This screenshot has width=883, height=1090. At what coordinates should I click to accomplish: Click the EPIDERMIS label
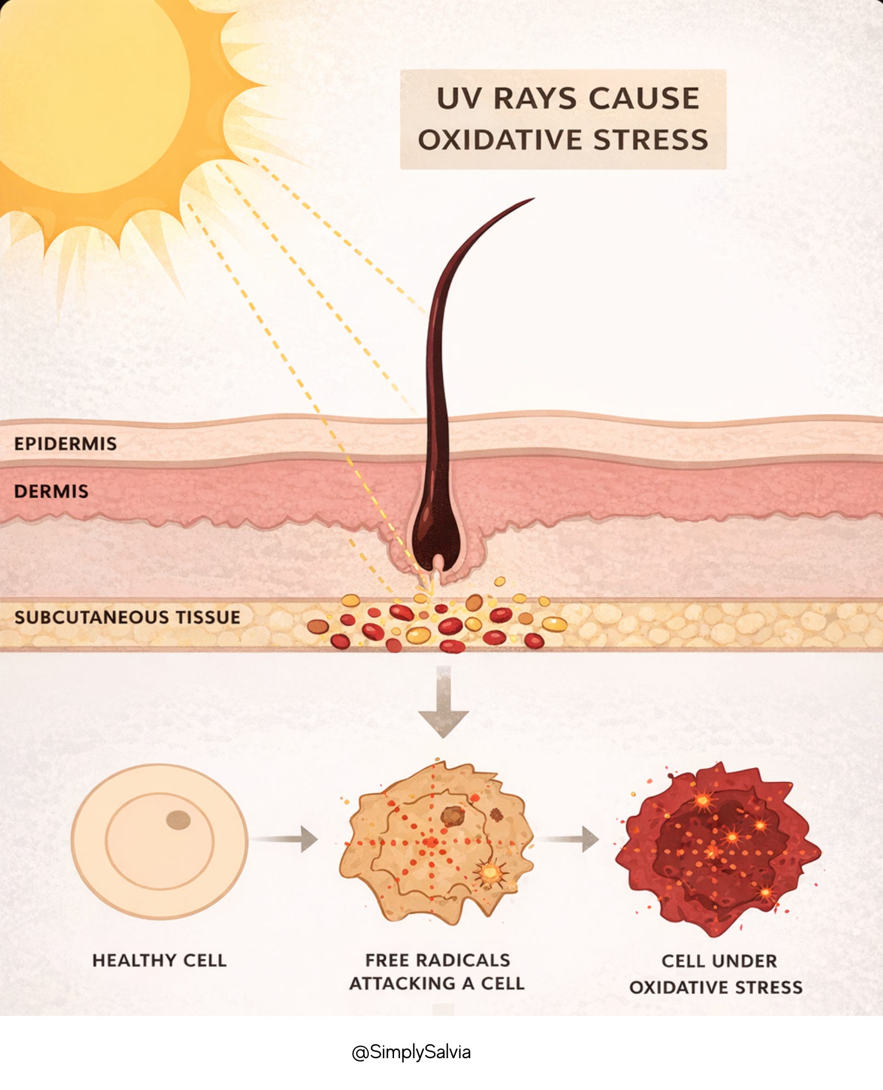coord(65,443)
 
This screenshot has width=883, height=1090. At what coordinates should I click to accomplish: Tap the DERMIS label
coord(51,491)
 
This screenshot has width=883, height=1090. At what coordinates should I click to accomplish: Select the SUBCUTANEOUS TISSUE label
coord(127,617)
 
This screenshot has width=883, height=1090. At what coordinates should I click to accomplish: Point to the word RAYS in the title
coord(535,99)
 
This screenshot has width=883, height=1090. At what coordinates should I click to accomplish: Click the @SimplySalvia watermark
coord(411,1052)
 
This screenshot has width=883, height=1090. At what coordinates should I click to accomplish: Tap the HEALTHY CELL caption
coord(159,960)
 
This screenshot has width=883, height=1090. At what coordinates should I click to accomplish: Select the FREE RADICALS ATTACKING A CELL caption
coord(437,972)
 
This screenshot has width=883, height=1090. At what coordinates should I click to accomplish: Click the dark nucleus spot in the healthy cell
coord(178,820)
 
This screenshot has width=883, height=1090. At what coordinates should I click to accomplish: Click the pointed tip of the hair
coord(531,200)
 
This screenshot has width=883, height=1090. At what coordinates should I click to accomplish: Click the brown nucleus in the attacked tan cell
coord(453,816)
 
